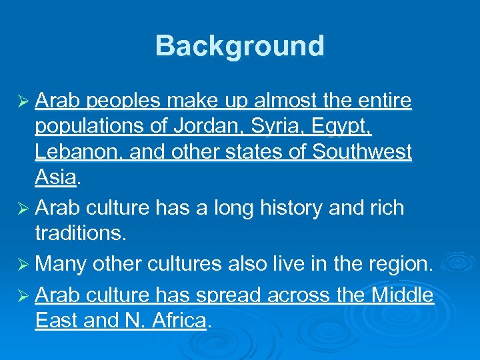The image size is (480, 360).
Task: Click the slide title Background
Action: (240, 46)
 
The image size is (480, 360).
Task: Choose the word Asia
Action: (55, 177)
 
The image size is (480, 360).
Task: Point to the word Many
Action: (61, 263)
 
